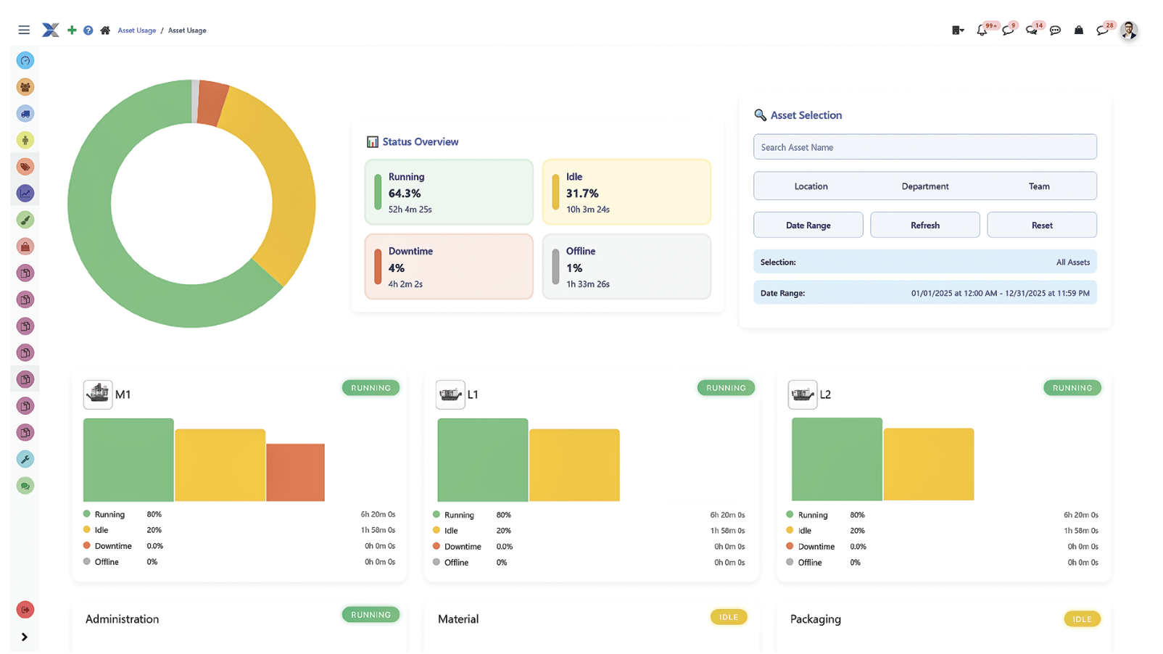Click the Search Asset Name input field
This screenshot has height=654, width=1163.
click(924, 147)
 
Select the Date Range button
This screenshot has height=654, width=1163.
click(808, 225)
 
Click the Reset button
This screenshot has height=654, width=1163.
click(1041, 225)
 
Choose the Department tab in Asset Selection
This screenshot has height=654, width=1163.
click(924, 186)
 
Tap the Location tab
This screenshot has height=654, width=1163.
click(811, 186)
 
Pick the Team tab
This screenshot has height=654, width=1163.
click(1038, 186)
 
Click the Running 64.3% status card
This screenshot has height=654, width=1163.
click(449, 193)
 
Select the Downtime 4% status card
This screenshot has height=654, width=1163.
click(449, 267)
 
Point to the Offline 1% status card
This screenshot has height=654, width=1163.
click(626, 267)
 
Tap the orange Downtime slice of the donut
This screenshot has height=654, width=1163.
click(212, 102)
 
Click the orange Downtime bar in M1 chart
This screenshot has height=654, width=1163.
click(295, 472)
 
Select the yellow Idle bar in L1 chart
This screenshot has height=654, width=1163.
click(574, 465)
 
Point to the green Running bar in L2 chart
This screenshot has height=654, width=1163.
click(836, 459)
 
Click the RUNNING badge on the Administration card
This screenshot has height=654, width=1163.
click(371, 615)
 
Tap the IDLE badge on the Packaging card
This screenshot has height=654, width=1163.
click(1082, 619)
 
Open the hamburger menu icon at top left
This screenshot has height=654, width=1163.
click(24, 30)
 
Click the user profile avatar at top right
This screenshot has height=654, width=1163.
click(1128, 30)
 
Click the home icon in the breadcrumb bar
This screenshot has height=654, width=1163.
click(105, 30)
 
